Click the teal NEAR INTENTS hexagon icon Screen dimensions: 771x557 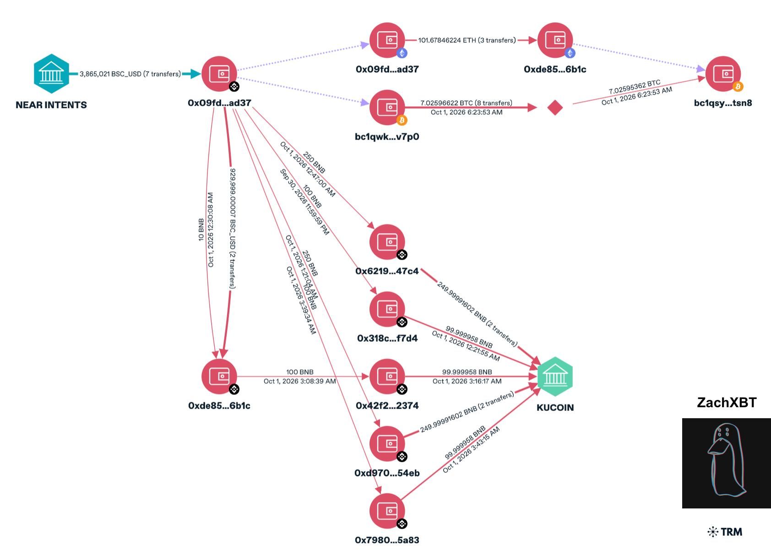click(51, 74)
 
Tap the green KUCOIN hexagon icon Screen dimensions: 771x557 click(555, 377)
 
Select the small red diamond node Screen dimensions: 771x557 click(555, 108)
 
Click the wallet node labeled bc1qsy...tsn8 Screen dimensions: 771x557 click(723, 74)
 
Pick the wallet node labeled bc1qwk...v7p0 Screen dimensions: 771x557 click(387, 108)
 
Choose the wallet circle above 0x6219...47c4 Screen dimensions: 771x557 click(387, 242)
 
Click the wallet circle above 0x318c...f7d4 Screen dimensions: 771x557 click(387, 309)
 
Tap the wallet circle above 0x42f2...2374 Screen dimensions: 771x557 click(387, 377)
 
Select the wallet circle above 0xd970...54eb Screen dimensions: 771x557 click(387, 444)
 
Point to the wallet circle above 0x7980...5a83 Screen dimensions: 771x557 click(387, 511)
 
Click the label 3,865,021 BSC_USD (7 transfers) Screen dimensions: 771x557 click(130, 74)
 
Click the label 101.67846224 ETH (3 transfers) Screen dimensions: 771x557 click(467, 40)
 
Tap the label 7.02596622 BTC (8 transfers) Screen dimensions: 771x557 click(466, 103)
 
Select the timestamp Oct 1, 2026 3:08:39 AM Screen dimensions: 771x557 click(299, 381)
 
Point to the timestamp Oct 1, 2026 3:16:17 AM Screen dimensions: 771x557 click(467, 381)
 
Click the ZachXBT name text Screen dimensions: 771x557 click(727, 402)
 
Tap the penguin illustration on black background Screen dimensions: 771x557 click(726, 463)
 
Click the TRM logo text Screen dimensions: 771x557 click(725, 532)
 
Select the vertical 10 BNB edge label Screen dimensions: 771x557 click(201, 229)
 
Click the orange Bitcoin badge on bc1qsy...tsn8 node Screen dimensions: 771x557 click(738, 87)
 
